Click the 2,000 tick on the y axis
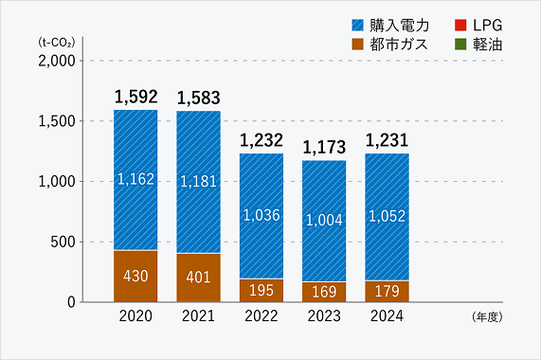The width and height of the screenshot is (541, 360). point(57,61)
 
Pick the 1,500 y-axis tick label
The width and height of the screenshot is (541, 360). point(57,121)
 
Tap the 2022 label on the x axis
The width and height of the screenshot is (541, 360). point(261,317)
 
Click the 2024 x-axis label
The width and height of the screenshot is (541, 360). point(386,317)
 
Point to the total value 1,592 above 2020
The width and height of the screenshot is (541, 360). point(135,97)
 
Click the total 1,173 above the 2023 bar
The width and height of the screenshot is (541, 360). point(323,147)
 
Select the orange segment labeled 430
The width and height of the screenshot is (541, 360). point(135,276)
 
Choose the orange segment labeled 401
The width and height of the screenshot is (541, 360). point(198,278)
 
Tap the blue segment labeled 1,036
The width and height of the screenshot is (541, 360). point(261,216)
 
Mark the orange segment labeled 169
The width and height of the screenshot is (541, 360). point(323,292)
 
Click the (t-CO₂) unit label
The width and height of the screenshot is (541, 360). point(58,43)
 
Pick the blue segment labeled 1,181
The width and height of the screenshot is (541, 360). point(198,182)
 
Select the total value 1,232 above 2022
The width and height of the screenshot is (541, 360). point(261,140)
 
